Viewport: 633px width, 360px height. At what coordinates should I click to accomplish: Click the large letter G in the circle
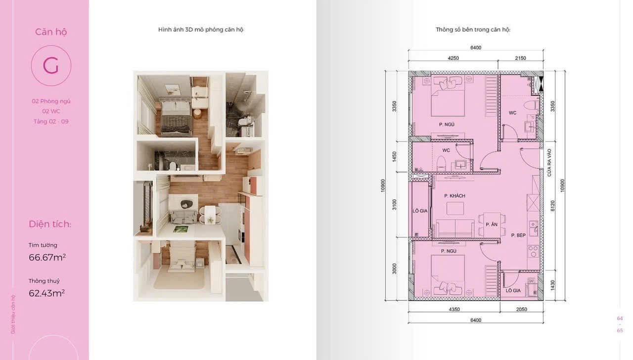point(51,66)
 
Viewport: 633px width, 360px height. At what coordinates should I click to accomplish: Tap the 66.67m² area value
point(47,258)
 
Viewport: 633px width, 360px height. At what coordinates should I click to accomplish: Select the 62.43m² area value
point(46,293)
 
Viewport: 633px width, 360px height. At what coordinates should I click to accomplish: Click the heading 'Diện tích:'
point(50,224)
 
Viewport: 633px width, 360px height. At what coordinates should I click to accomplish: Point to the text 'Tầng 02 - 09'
point(51,122)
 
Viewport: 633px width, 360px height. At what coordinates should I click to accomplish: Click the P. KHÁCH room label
point(454,196)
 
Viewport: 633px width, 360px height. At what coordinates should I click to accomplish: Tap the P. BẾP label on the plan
point(518,235)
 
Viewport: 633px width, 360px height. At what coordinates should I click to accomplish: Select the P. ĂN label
point(492,225)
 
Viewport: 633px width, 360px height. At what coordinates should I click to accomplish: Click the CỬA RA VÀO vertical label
point(549,163)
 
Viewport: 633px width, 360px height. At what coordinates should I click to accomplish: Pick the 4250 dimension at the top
point(453,58)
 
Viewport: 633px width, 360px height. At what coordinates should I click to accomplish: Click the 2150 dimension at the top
point(520,58)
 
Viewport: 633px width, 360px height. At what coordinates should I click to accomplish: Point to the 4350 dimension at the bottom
point(454,310)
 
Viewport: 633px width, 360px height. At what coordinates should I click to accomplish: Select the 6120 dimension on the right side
point(553,206)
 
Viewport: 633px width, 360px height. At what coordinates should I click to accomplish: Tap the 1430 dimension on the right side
point(553,285)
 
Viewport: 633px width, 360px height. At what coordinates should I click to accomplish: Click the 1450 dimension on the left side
point(395,157)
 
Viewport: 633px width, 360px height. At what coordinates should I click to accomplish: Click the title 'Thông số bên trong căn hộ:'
point(473,30)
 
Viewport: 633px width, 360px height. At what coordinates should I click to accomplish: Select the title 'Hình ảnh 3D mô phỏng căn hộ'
point(201,30)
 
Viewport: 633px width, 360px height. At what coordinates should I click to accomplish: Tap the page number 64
point(620,318)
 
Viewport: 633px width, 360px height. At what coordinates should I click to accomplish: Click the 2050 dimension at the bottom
point(521,310)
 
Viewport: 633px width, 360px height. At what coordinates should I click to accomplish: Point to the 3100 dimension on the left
point(395,205)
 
